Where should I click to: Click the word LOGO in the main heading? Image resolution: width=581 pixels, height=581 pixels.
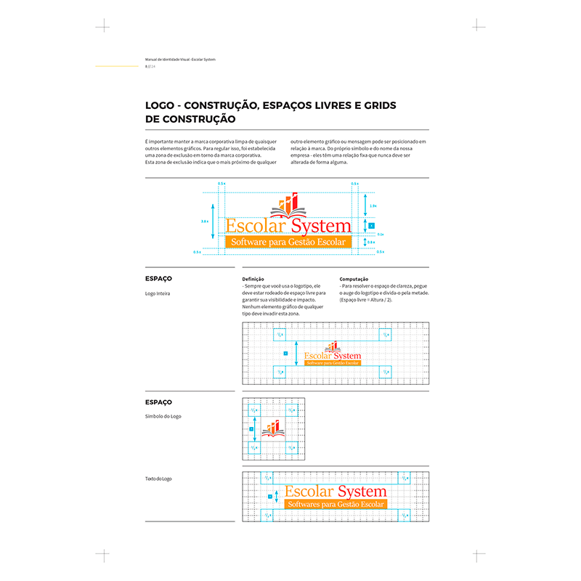pyautogui.click(x=159, y=106)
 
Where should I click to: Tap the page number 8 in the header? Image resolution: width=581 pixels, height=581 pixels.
pyautogui.click(x=147, y=66)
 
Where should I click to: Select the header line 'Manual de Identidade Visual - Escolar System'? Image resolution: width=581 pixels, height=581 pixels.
pyautogui.click(x=180, y=59)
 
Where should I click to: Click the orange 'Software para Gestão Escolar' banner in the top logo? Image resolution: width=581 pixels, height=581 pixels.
pyautogui.click(x=288, y=241)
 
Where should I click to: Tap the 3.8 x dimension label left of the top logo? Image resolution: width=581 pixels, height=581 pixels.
pyautogui.click(x=205, y=221)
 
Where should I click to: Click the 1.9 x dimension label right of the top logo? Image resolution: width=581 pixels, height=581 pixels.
pyautogui.click(x=373, y=206)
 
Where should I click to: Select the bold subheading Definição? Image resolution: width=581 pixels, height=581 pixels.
pyautogui.click(x=253, y=279)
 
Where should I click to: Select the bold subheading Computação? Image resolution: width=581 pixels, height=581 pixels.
pyautogui.click(x=354, y=279)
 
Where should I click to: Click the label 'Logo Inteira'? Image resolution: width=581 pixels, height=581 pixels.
pyautogui.click(x=158, y=293)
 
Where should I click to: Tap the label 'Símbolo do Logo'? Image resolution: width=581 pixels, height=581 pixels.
pyautogui.click(x=163, y=416)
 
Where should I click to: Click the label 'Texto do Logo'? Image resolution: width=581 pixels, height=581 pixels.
pyautogui.click(x=159, y=479)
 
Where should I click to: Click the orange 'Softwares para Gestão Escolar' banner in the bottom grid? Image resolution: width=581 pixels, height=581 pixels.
pyautogui.click(x=336, y=504)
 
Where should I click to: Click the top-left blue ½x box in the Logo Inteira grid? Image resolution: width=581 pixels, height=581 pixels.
pyautogui.click(x=280, y=335)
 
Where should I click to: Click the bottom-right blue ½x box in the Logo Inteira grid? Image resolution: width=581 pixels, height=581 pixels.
pyautogui.click(x=384, y=371)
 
